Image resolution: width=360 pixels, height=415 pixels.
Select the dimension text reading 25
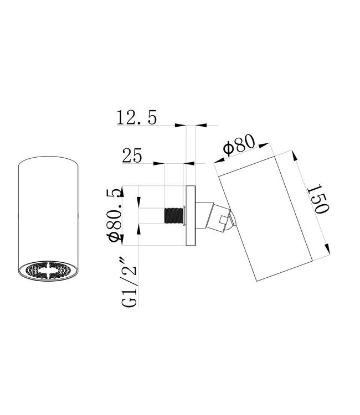(x=132, y=156)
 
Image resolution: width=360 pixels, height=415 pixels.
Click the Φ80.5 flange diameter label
(x=116, y=215)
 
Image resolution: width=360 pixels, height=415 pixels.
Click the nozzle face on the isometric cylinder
(x=48, y=272)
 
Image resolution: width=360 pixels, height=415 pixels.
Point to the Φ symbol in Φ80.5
(x=116, y=236)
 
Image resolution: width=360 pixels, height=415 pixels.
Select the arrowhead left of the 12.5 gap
(x=180, y=126)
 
